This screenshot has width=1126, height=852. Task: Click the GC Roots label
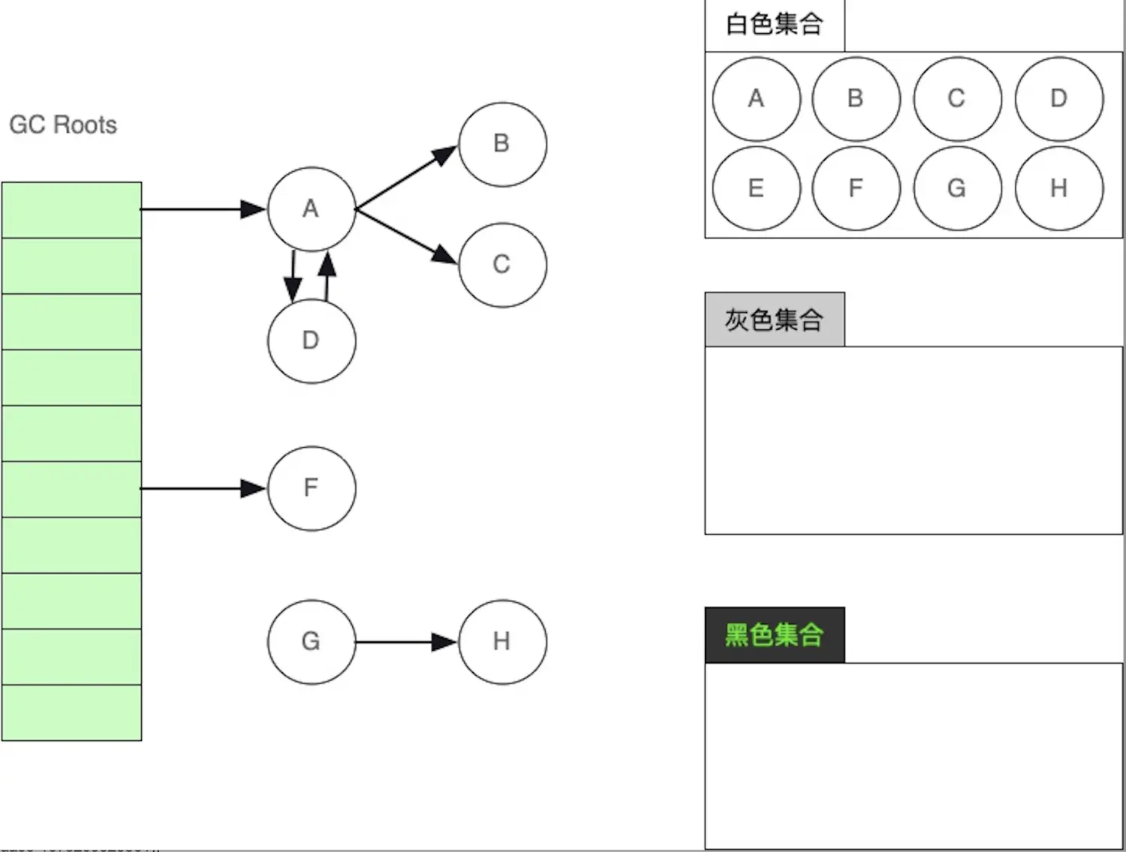(x=63, y=124)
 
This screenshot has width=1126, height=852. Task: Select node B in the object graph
(x=502, y=144)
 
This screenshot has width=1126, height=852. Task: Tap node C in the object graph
(x=502, y=265)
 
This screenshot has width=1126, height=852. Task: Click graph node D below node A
(x=312, y=340)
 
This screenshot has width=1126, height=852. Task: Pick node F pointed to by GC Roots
(x=312, y=488)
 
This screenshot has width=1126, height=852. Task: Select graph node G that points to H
(x=312, y=641)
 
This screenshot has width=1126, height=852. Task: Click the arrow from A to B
(x=406, y=177)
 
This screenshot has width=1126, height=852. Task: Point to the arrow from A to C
(x=406, y=236)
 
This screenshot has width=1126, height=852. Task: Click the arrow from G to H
(x=406, y=642)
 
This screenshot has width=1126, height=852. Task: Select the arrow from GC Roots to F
(x=203, y=489)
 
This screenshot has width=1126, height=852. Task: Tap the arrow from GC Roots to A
(x=203, y=209)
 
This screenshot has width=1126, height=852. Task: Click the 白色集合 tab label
(x=774, y=25)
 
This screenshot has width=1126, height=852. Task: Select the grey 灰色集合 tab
(x=774, y=319)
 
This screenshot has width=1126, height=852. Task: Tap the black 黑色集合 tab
(x=774, y=635)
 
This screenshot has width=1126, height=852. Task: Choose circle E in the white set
(x=756, y=188)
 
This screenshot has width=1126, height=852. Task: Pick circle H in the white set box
(x=1058, y=188)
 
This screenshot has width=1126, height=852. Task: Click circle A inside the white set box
(x=756, y=98)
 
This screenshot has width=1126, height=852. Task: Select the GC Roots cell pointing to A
(x=71, y=210)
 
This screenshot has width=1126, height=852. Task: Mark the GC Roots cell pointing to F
(x=71, y=489)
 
